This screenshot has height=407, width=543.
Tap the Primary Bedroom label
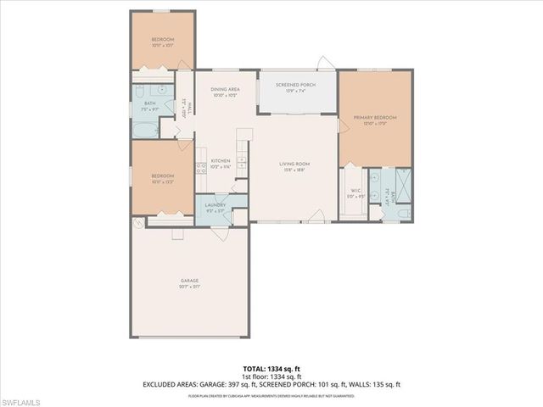[375, 119]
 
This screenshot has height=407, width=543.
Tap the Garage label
[188, 281]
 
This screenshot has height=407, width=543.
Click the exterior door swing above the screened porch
[323, 64]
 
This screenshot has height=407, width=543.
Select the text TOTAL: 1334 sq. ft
[271, 370]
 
